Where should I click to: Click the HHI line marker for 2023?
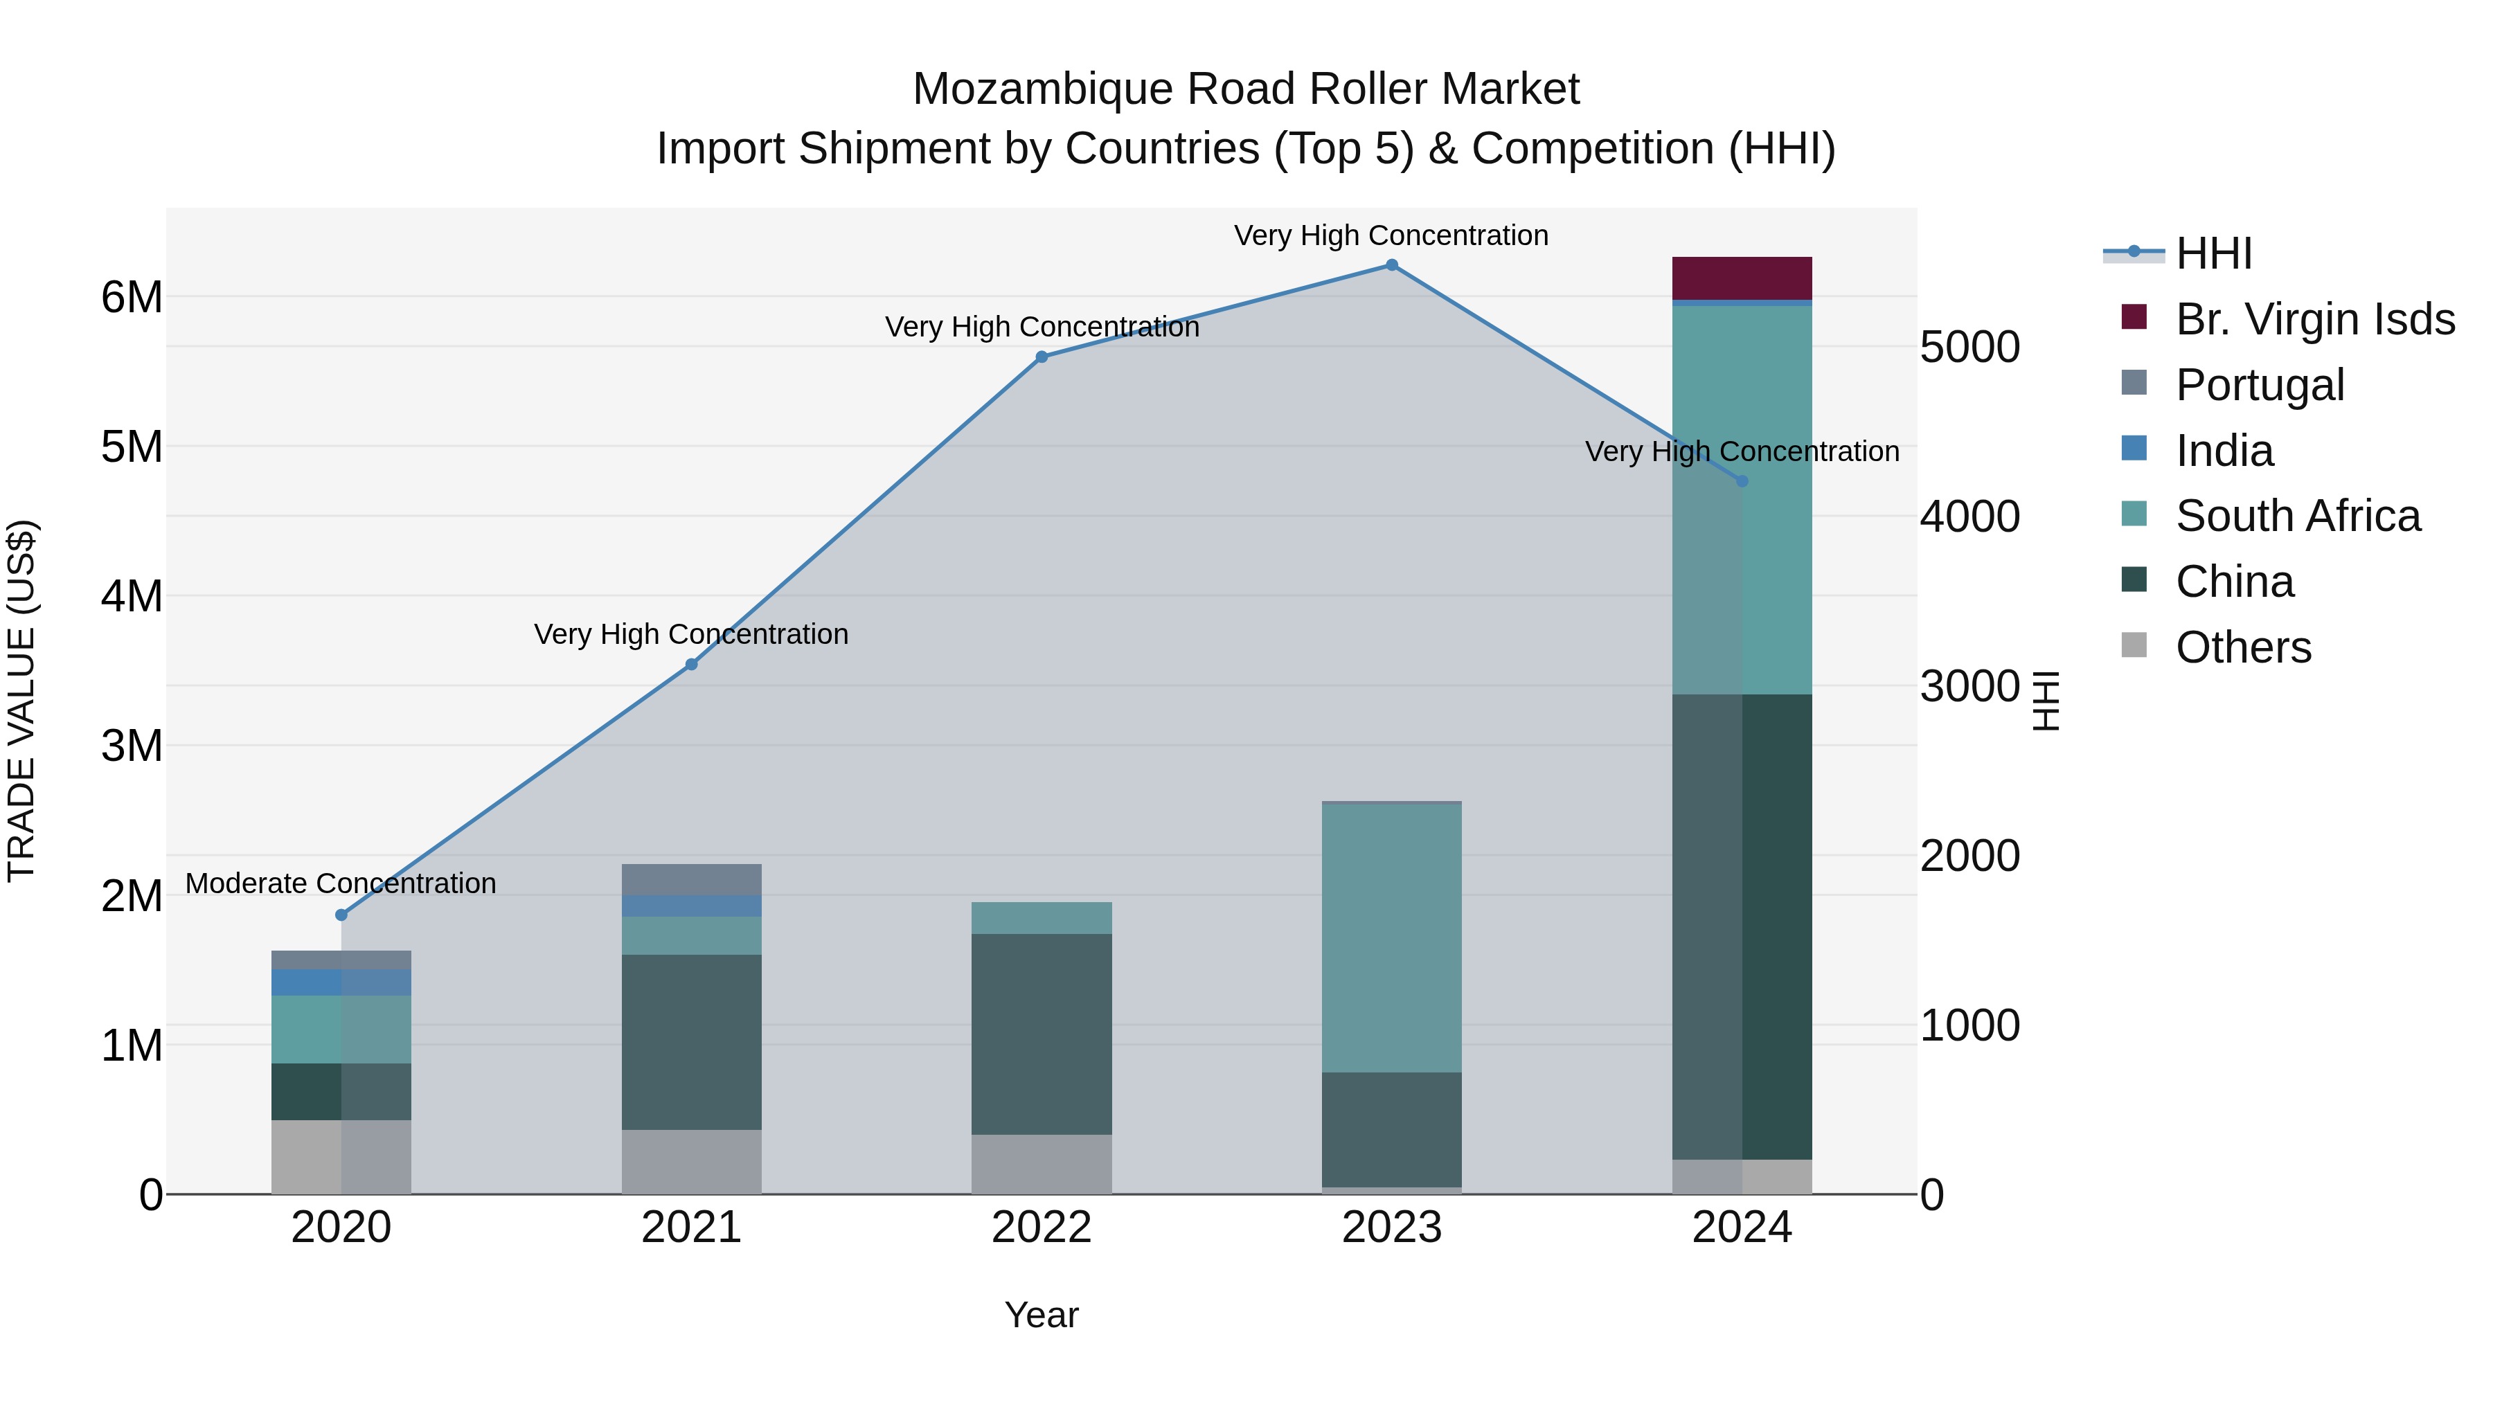(1392, 265)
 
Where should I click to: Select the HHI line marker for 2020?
(341, 915)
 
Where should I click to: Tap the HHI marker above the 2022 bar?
(1042, 357)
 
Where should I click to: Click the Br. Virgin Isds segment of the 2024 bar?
(1742, 278)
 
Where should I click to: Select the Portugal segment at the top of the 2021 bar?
(691, 879)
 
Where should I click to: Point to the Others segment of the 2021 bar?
(691, 1161)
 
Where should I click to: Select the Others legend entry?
(2243, 647)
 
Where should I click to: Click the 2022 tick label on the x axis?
(1042, 1228)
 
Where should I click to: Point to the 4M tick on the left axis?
(132, 596)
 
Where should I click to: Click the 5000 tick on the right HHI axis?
(1969, 348)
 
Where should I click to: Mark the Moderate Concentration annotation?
(341, 883)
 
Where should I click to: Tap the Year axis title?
(1042, 1315)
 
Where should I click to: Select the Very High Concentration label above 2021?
(691, 635)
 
